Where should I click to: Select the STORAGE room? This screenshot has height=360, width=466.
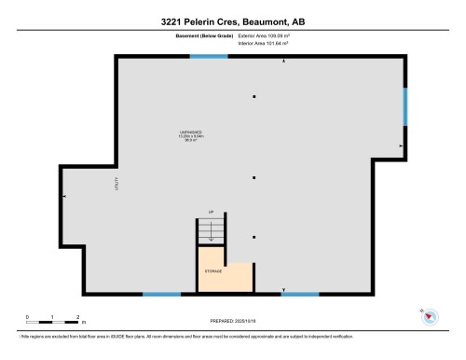(x=213, y=272)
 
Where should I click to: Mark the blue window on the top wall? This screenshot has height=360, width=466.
(x=209, y=57)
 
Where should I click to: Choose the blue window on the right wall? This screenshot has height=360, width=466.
(x=404, y=106)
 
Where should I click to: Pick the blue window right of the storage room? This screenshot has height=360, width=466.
(x=300, y=295)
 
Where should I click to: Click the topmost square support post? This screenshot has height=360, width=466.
(x=254, y=97)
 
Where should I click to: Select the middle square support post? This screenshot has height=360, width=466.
(x=254, y=176)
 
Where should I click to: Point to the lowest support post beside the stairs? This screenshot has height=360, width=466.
(x=254, y=236)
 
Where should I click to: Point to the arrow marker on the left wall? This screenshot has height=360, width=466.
(x=64, y=196)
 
